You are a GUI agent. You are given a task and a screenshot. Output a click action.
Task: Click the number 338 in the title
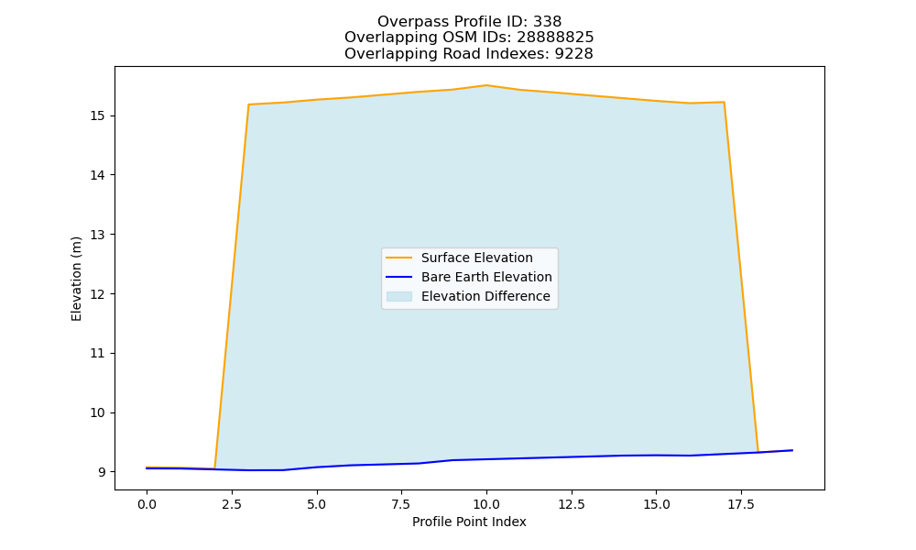click(x=548, y=22)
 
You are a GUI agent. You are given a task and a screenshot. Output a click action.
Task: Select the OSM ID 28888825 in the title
click(x=555, y=38)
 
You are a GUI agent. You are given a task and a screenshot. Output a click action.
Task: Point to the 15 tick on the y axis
click(x=97, y=115)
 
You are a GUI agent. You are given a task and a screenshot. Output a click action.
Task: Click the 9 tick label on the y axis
click(x=102, y=472)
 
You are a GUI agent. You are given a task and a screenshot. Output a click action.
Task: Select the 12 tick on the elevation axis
click(x=97, y=294)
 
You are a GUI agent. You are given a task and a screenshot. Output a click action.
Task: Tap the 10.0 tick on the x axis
click(x=486, y=504)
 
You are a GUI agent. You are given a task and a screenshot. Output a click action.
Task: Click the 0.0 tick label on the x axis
click(x=147, y=504)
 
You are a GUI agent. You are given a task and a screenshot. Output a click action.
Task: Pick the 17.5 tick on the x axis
click(x=741, y=504)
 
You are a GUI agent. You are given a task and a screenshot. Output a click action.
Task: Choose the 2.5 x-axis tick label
click(x=232, y=504)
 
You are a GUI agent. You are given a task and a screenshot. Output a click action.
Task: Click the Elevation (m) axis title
click(x=76, y=279)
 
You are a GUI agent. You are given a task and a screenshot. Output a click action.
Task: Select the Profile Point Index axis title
click(x=469, y=522)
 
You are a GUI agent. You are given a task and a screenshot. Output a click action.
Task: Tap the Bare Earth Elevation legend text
click(x=486, y=277)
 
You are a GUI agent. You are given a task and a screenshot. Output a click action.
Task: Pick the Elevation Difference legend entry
click(x=485, y=296)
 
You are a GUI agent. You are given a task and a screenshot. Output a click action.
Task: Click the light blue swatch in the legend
click(x=399, y=296)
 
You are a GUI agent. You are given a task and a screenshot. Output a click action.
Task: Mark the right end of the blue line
click(x=792, y=450)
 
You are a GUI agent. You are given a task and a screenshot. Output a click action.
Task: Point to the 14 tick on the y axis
click(x=97, y=175)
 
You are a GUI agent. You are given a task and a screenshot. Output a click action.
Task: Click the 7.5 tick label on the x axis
click(x=401, y=504)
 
